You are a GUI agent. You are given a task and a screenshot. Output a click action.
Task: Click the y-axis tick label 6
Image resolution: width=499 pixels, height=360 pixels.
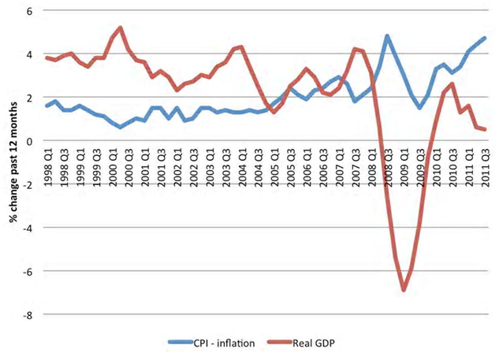pos(30,11)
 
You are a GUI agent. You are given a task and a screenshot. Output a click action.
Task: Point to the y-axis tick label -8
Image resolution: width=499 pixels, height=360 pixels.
pos(28,314)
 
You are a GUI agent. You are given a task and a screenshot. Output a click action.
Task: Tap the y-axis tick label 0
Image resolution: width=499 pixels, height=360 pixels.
pos(30,141)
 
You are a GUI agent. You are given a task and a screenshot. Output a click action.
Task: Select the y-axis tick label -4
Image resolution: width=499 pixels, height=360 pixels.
pos(28,228)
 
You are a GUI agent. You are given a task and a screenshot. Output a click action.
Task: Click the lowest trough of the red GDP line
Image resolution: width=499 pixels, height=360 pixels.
pos(404,290)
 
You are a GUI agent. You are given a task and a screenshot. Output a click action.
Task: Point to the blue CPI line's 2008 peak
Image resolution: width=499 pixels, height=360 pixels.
pos(387,35)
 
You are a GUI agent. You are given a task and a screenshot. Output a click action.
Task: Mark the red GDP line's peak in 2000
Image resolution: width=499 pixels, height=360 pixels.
pos(120,28)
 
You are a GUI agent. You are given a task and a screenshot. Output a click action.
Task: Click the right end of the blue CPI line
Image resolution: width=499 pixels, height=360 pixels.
pos(484,38)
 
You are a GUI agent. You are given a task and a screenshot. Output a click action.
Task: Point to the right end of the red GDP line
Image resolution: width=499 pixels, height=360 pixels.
pos(484,130)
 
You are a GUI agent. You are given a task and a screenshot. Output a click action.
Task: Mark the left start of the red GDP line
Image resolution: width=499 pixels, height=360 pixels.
pos(47,58)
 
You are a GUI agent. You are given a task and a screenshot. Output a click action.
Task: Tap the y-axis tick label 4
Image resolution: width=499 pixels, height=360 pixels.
pos(30,54)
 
